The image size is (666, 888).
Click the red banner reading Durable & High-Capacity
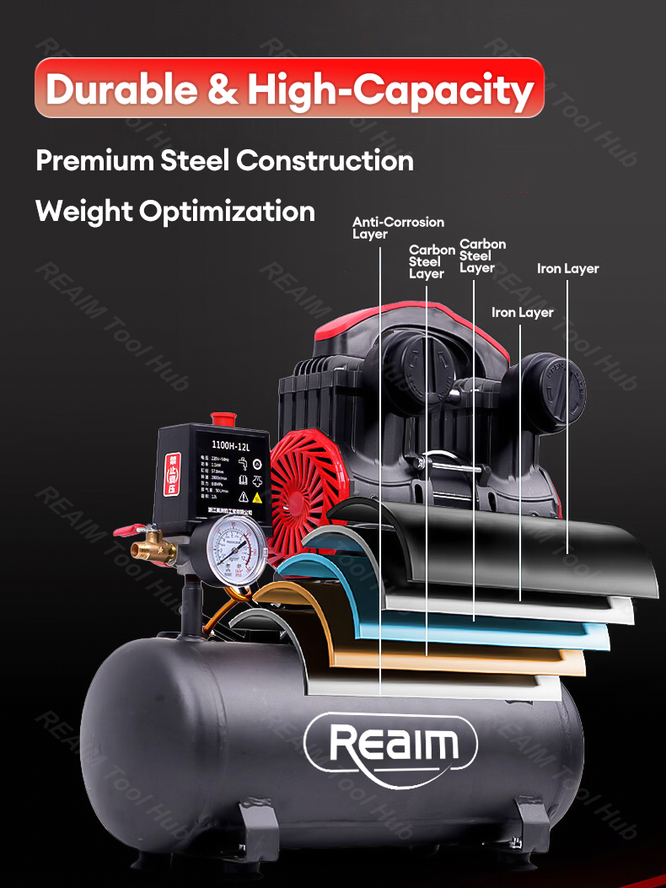(289, 88)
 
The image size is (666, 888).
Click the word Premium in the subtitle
(94, 160)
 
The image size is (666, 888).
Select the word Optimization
(227, 211)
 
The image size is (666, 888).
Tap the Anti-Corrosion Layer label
(397, 228)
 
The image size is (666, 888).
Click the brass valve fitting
(156, 549)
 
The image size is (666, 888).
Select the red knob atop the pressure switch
(223, 418)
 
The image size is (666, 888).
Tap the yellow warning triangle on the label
(256, 498)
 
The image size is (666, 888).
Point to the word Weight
(84, 211)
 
